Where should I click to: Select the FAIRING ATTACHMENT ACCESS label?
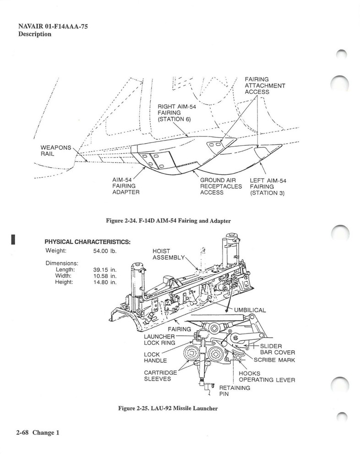[265, 86]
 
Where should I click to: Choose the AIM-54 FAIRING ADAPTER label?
[125, 186]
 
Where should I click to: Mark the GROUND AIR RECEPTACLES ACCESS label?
[221, 186]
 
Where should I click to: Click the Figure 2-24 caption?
[168, 221]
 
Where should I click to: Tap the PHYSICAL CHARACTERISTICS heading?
[87, 242]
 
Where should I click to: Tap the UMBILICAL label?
[250, 310]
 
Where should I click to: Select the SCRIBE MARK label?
[274, 360]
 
